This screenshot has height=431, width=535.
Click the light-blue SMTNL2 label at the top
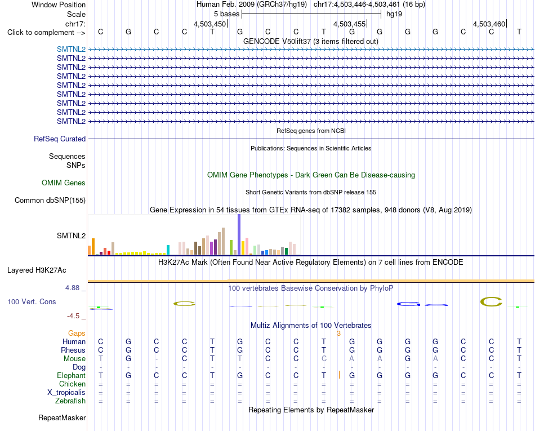click(x=72, y=49)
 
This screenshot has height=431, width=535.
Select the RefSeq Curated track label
click(x=60, y=139)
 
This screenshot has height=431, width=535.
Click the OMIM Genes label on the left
click(x=64, y=183)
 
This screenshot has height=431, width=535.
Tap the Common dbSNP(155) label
click(x=50, y=201)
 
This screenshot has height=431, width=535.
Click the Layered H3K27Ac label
click(x=37, y=270)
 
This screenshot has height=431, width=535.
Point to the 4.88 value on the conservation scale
click(x=72, y=288)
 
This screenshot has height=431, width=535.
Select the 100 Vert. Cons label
click(x=32, y=301)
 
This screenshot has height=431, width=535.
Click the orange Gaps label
click(x=77, y=334)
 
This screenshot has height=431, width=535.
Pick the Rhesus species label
click(x=73, y=350)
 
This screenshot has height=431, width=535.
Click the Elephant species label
click(x=72, y=376)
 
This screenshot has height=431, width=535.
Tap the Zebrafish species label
click(x=70, y=401)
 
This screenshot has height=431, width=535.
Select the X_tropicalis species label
click(x=66, y=393)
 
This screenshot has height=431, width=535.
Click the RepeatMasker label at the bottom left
click(x=62, y=417)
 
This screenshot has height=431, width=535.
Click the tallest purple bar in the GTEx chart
click(x=239, y=234)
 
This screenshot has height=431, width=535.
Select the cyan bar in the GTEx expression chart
click(x=168, y=250)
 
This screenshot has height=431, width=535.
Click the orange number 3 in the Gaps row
click(x=338, y=334)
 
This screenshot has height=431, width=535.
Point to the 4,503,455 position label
click(x=349, y=24)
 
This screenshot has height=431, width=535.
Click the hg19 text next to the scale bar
click(x=394, y=14)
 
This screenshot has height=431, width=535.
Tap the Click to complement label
click(x=46, y=33)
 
